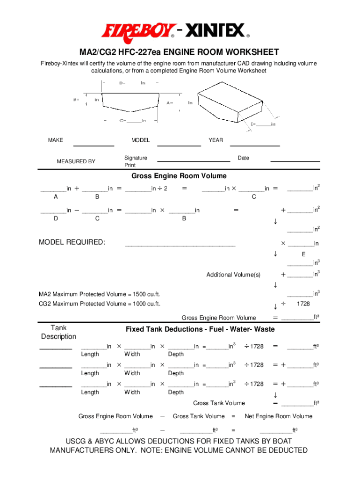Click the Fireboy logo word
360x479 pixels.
[x=139, y=31]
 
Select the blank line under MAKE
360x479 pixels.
[x=94, y=145]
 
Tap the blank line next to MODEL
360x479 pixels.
[x=179, y=145]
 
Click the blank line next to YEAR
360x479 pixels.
[x=255, y=145]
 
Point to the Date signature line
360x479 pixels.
[x=295, y=161]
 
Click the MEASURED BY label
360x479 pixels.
[x=76, y=161]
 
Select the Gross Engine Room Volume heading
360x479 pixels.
[x=179, y=176]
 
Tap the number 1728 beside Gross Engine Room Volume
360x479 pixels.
[x=303, y=305]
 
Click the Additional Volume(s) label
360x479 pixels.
[x=233, y=275]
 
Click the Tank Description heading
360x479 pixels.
[x=58, y=332]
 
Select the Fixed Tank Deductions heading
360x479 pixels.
[x=200, y=329]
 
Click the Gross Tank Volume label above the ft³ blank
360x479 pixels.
[x=219, y=403]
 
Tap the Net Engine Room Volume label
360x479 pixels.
[x=279, y=416]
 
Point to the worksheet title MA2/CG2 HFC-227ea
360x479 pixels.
[x=180, y=52]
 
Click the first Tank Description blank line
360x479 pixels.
[x=56, y=349]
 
